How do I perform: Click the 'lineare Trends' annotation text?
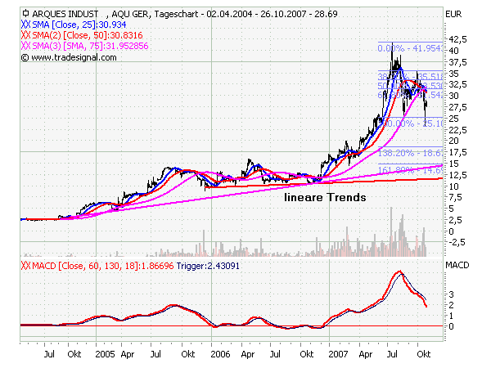[x=324, y=198]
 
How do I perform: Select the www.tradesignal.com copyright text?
[x=70, y=58]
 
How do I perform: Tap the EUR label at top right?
[x=453, y=14]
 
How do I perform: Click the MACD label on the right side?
[x=457, y=266]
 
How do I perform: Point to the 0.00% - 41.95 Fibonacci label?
[x=409, y=49]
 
